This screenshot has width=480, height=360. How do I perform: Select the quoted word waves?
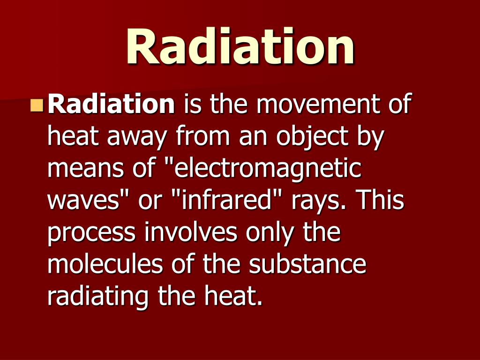(x=86, y=201)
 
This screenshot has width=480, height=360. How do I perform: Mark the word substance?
(x=307, y=265)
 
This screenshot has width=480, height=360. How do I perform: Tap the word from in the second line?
(x=204, y=137)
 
